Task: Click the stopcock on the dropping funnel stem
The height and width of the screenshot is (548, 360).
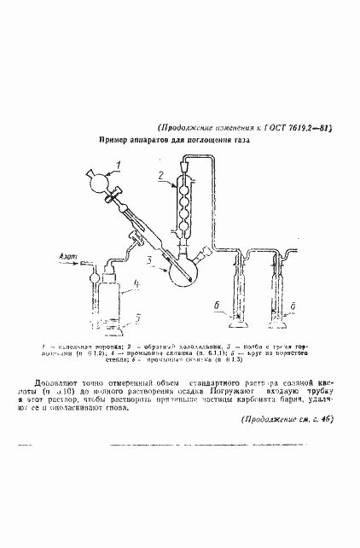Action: [117, 198]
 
